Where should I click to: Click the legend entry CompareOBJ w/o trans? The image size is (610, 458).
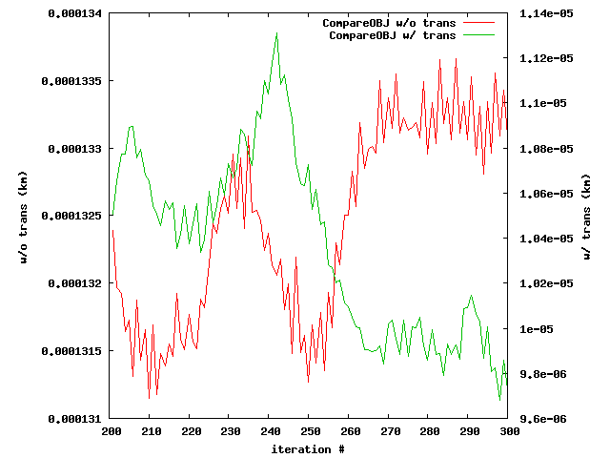pyautogui.click(x=392, y=22)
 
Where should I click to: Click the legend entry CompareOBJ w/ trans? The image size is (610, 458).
pyautogui.click(x=392, y=34)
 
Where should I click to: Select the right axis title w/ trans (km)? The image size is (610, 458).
pyautogui.click(x=585, y=216)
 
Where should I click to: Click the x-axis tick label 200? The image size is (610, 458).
pyautogui.click(x=112, y=431)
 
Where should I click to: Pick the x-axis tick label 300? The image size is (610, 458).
pyautogui.click(x=509, y=431)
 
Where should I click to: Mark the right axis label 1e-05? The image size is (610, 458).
pyautogui.click(x=534, y=328)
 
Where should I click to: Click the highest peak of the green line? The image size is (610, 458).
pyautogui.click(x=277, y=32)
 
